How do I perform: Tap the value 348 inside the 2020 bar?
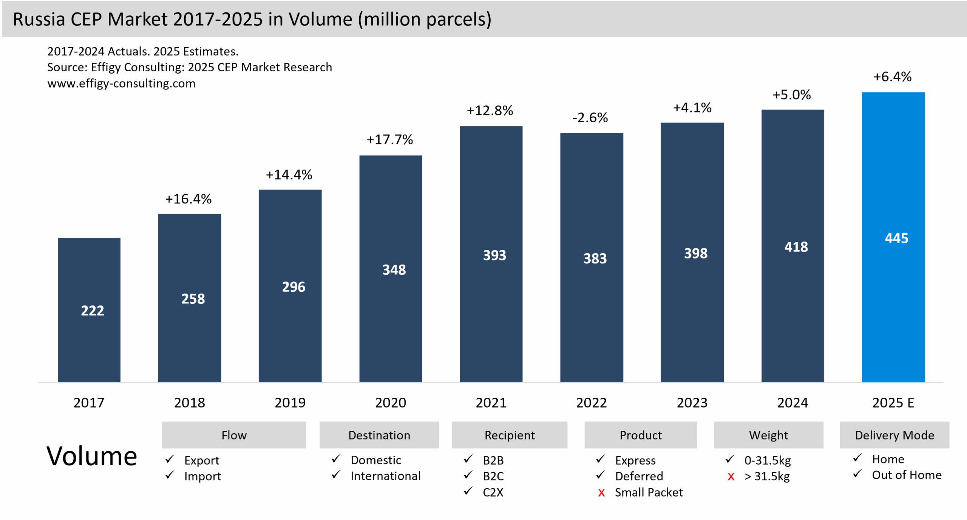point(394,270)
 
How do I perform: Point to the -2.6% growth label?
point(590,118)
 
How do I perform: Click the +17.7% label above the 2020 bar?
point(390,140)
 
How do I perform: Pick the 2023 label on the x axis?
point(692,403)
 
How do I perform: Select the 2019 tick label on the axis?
point(290,403)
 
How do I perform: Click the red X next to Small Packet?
point(601,493)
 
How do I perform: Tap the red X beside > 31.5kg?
point(731,477)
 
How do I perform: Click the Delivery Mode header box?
point(894,435)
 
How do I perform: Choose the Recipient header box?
point(509,435)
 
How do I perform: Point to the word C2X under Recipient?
point(493,492)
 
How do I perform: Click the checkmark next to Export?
point(170,459)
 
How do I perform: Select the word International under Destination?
point(385,476)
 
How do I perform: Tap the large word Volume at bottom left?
point(91,456)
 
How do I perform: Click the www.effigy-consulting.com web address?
point(121,83)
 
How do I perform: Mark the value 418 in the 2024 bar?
point(796,247)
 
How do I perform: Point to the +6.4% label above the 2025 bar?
point(892,77)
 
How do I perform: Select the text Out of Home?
point(907,475)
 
